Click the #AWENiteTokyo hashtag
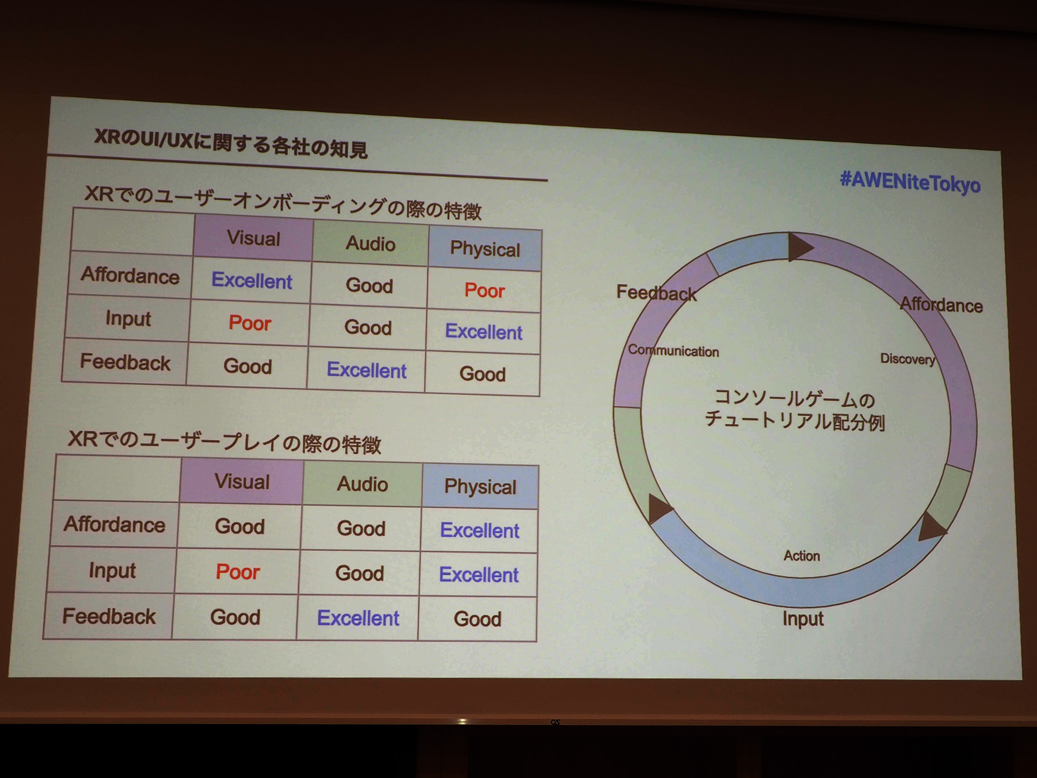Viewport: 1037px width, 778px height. pyautogui.click(x=910, y=182)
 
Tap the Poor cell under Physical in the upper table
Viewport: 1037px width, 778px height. pyautogui.click(x=484, y=290)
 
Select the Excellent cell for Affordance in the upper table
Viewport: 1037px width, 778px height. pyautogui.click(x=251, y=281)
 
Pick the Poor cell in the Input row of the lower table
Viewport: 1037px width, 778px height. pyautogui.click(x=237, y=572)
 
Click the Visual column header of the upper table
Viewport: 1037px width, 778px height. pyautogui.click(x=254, y=239)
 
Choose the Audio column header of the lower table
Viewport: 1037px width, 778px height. pyautogui.click(x=362, y=484)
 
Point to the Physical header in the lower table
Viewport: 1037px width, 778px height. pyautogui.click(x=480, y=487)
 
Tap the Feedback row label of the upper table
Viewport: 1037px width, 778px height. pyautogui.click(x=125, y=362)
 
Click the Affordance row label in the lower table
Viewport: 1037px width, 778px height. pyautogui.click(x=115, y=524)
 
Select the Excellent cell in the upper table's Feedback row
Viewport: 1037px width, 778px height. pyautogui.click(x=367, y=370)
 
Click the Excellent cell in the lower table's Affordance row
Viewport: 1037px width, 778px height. pyautogui.click(x=480, y=530)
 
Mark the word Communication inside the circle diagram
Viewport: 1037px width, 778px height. pyautogui.click(x=673, y=351)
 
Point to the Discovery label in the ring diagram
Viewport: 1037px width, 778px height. pyautogui.click(x=908, y=359)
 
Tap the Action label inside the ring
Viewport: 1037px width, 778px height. pyautogui.click(x=802, y=556)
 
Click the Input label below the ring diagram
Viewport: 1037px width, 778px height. pyautogui.click(x=803, y=619)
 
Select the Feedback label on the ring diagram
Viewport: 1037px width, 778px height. pyautogui.click(x=656, y=293)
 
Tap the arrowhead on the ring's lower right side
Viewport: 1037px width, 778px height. pyautogui.click(x=932, y=527)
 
